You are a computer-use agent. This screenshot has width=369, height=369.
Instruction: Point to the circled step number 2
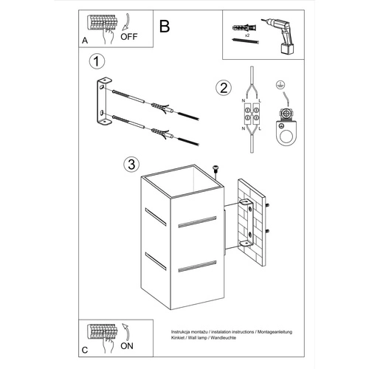click(220, 89)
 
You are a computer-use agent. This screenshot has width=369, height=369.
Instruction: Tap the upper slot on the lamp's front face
click(192, 220)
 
